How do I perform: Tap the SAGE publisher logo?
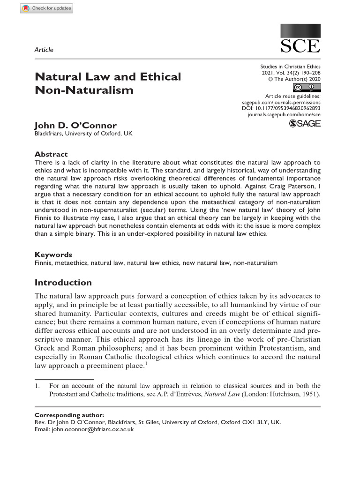tap(305, 123)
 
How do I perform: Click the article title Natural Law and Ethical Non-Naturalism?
tap(108, 83)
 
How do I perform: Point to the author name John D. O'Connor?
tap(75, 125)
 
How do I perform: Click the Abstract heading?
tap(51, 154)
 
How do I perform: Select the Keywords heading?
tap(53, 255)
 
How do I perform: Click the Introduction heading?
tap(63, 283)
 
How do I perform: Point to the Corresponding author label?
tap(69, 415)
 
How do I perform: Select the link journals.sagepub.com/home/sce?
tap(284, 114)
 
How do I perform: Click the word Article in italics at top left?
tap(44, 50)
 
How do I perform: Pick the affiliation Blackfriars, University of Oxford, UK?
tap(83, 134)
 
